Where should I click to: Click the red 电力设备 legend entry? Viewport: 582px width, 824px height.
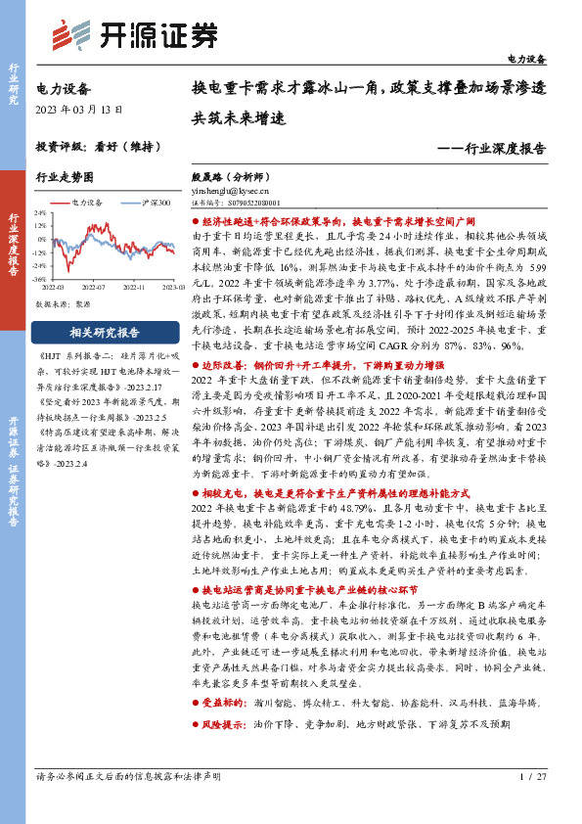(86, 202)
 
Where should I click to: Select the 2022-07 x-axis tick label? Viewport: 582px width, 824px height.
(93, 288)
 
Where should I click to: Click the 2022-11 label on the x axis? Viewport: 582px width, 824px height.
(134, 288)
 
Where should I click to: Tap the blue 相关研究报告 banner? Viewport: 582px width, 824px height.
(108, 332)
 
